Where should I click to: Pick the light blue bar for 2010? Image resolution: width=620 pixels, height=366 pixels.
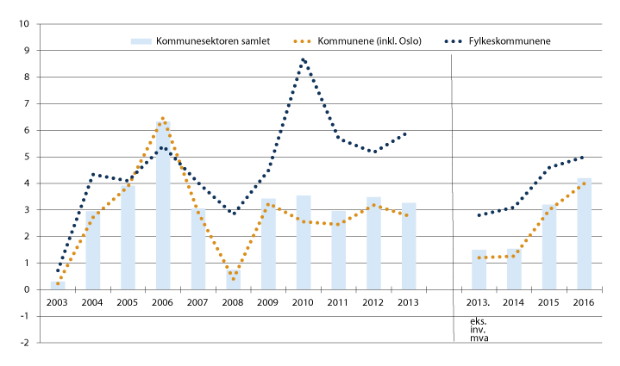(304, 242)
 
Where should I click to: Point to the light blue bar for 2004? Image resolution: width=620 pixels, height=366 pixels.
(93, 250)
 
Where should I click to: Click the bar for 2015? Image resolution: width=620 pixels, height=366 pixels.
(549, 246)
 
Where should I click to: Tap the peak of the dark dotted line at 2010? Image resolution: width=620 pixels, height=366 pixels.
(303, 59)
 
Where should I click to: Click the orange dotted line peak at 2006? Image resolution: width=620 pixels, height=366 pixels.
(162, 118)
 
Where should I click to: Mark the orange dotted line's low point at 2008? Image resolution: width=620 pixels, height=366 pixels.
(233, 278)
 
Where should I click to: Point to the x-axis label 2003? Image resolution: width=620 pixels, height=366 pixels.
(58, 303)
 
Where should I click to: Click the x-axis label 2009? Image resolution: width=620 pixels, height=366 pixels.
(268, 303)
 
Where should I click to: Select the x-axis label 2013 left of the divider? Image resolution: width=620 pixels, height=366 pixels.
(409, 303)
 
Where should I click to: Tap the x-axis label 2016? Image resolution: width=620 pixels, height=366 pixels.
(584, 303)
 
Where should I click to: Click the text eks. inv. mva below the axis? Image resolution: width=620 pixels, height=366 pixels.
(479, 329)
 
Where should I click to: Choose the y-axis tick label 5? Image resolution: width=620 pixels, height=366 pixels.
(28, 157)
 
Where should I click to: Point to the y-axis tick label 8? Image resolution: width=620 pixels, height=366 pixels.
(28, 78)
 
